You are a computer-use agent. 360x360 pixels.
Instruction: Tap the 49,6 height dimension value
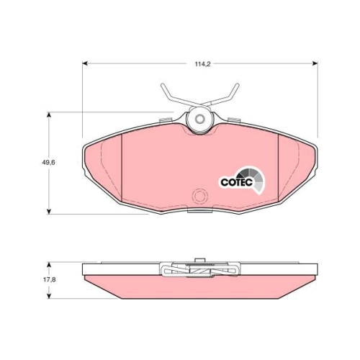point(48,163)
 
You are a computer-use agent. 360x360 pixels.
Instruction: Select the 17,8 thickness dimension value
point(50,279)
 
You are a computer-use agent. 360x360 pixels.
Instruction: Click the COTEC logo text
point(237,182)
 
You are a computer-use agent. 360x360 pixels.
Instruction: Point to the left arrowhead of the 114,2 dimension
point(85,63)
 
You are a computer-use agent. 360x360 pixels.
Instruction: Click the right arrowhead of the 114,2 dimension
point(315,63)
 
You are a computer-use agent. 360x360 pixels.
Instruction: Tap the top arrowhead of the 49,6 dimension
point(49,114)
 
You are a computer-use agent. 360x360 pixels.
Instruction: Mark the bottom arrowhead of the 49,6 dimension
point(49,211)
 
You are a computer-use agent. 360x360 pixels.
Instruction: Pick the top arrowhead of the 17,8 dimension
point(49,265)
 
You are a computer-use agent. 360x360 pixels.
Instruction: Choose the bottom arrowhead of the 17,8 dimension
point(49,296)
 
